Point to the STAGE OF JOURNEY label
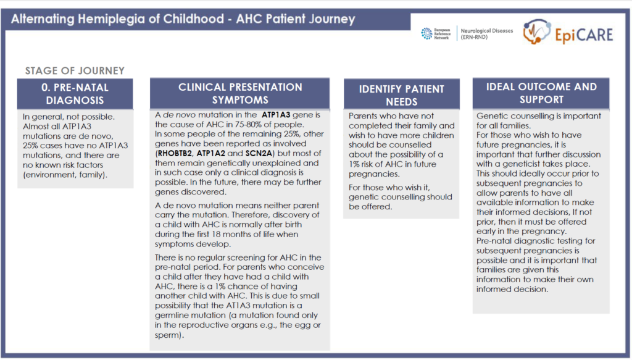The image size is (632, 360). [x=75, y=71]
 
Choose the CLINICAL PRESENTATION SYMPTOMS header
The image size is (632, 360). [x=240, y=93]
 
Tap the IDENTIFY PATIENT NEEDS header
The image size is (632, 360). [x=401, y=94]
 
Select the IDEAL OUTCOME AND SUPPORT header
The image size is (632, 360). [x=541, y=93]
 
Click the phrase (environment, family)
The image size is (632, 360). [x=72, y=175]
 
